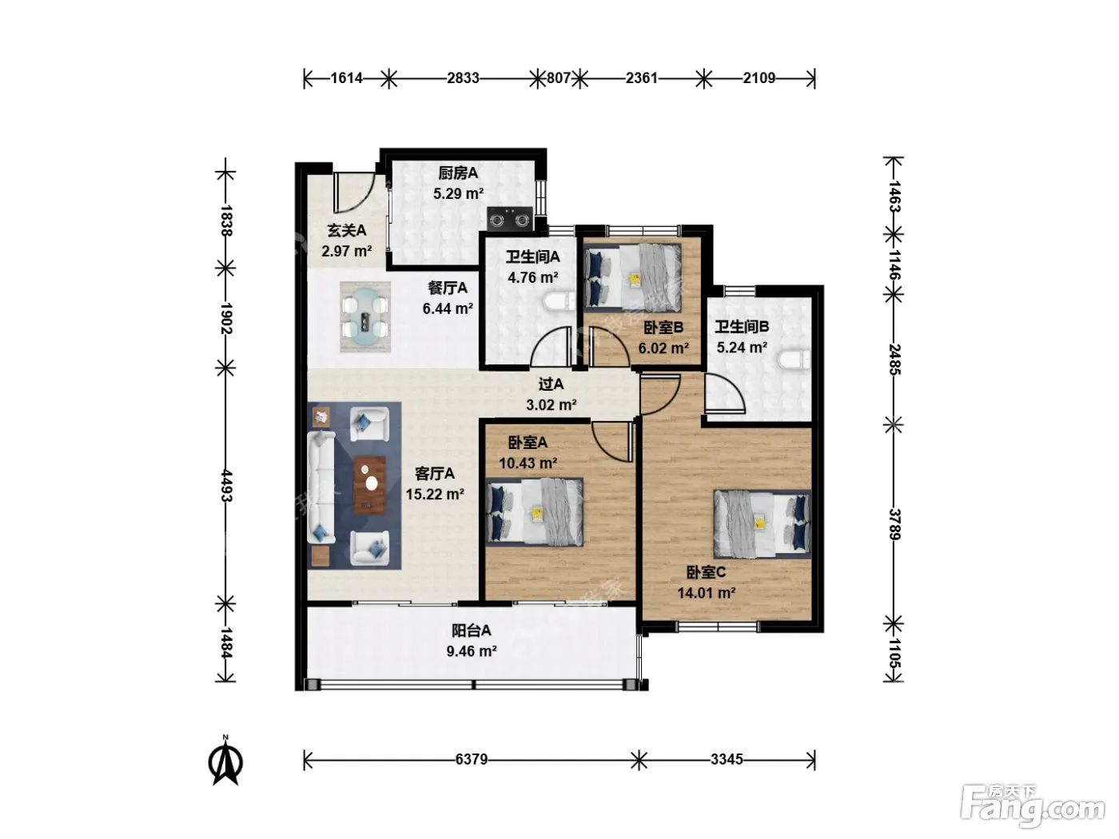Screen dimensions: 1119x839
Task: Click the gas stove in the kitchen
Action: pos(510,219)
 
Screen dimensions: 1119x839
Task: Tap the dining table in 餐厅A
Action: pos(365,318)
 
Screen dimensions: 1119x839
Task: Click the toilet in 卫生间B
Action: pos(793,360)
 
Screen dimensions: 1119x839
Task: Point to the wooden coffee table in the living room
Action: pos(369,485)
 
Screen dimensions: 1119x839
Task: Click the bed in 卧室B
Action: pos(633,277)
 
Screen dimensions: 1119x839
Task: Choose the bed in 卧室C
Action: pos(763,524)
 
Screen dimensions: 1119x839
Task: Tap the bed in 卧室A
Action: pos(534,512)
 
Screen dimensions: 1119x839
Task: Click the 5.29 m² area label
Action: pos(458,193)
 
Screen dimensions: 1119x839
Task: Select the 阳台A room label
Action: pos(471,630)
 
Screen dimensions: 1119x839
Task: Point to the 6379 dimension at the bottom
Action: pos(471,759)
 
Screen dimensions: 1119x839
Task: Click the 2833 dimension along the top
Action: pos(463,78)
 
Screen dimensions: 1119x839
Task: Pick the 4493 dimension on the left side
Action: pos(226,486)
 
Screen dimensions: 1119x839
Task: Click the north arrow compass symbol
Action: pos(225,762)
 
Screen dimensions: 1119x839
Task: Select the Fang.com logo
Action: pos(1033,806)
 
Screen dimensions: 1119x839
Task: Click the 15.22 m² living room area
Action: pos(435,494)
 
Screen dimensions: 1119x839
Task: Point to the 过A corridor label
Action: pos(551,384)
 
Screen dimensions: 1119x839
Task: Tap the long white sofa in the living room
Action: pos(321,487)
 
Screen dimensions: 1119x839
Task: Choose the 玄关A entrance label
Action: pos(347,231)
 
